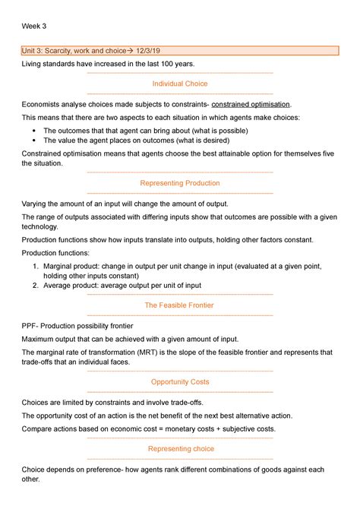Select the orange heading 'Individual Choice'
[180, 84]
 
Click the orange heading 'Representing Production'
[180, 183]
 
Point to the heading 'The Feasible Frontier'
[180, 305]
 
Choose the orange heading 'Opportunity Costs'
[180, 381]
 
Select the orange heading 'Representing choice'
[180, 449]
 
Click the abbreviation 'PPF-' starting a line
[30, 324]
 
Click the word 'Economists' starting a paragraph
[44, 103]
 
